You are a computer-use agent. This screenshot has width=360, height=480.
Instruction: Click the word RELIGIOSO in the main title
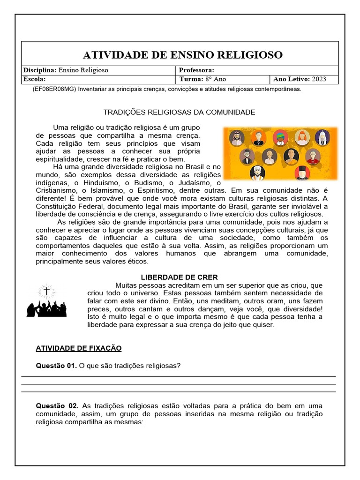pyautogui.click(x=250, y=55)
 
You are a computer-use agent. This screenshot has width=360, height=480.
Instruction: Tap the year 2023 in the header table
pyautogui.click(x=319, y=79)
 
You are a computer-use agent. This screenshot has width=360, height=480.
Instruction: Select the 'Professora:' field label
pyautogui.click(x=196, y=70)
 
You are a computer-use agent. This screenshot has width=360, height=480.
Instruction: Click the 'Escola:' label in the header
pyautogui.click(x=34, y=79)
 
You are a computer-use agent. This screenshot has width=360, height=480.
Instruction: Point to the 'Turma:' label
pyautogui.click(x=190, y=79)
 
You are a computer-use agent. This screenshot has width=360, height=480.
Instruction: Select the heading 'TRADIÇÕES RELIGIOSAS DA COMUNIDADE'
pyautogui.click(x=179, y=112)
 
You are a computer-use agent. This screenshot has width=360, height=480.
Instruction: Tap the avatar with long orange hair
pyautogui.click(x=302, y=137)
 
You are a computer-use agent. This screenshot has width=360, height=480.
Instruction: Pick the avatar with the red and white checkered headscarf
pyautogui.click(x=237, y=138)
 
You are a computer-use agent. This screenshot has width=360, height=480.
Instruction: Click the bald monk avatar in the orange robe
pyautogui.click(x=291, y=156)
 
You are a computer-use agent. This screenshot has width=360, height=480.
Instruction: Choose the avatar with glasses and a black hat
pyautogui.click(x=247, y=156)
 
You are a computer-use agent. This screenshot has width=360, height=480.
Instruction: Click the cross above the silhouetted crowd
pyautogui.click(x=46, y=292)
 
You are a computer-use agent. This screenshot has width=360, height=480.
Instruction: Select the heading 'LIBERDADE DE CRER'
pyautogui.click(x=180, y=277)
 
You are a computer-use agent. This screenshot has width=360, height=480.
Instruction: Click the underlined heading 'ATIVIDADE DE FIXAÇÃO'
pyautogui.click(x=79, y=348)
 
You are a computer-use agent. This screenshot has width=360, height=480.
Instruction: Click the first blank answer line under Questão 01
pyautogui.click(x=179, y=376)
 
